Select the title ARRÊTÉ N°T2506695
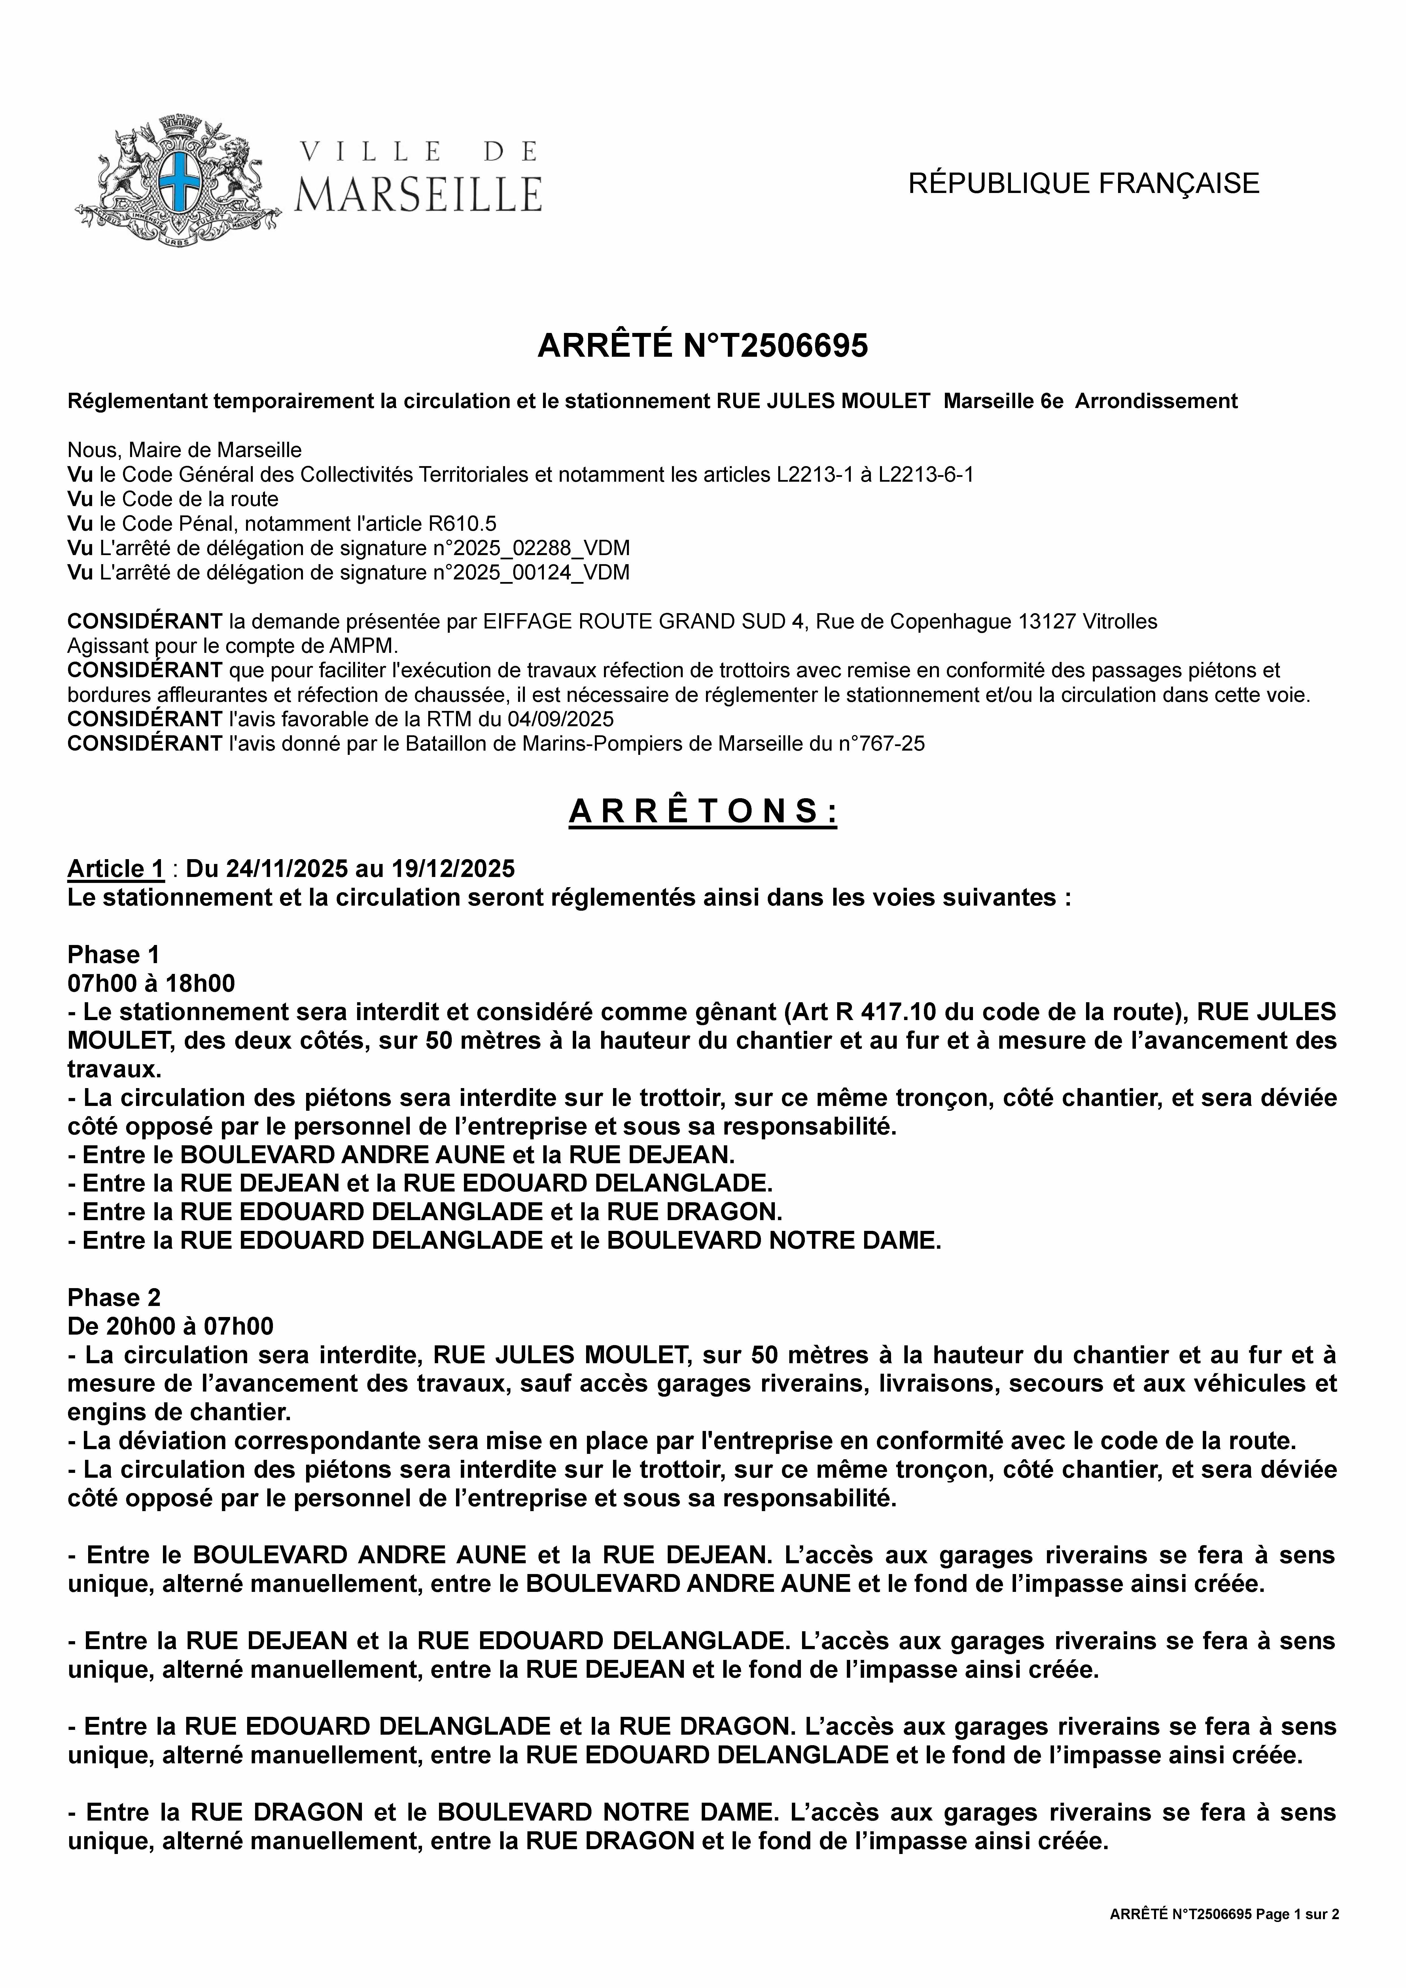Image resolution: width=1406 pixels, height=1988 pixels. coord(703,345)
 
